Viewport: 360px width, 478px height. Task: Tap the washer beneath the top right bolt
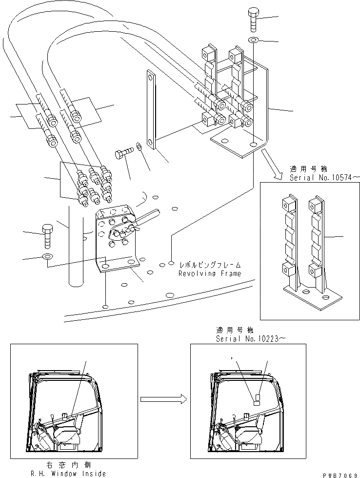(x=253, y=39)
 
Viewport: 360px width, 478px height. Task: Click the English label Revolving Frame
(x=209, y=273)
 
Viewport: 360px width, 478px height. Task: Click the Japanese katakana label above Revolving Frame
(x=209, y=265)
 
